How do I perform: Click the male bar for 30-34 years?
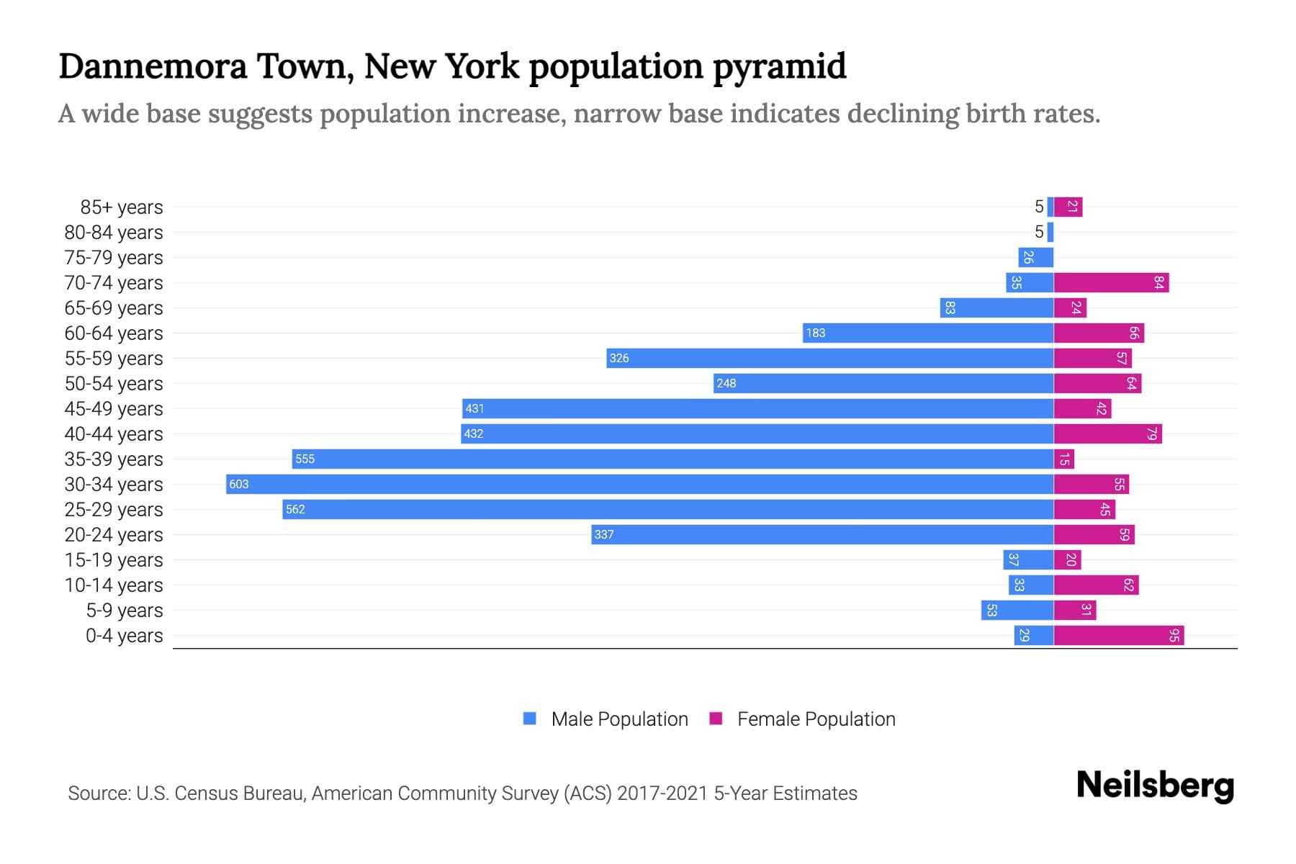pyautogui.click(x=639, y=484)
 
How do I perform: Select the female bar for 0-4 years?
pyautogui.click(x=1118, y=635)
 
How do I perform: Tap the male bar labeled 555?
pyautogui.click(x=672, y=459)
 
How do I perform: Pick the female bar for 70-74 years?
pyautogui.click(x=1111, y=282)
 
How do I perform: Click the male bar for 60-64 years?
pyautogui.click(x=928, y=333)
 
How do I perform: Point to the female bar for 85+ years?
pyautogui.click(x=1068, y=207)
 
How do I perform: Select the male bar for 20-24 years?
pyautogui.click(x=822, y=534)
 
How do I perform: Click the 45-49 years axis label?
pyautogui.click(x=114, y=408)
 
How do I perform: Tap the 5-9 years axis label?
pyautogui.click(x=125, y=610)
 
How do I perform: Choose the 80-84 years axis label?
pyautogui.click(x=114, y=232)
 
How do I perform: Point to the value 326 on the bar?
pyautogui.click(x=618, y=358)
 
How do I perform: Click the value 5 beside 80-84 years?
pyautogui.click(x=1038, y=232)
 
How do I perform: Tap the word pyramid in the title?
pyautogui.click(x=779, y=66)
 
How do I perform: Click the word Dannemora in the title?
pyautogui.click(x=153, y=66)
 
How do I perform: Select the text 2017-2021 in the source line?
pyautogui.click(x=662, y=793)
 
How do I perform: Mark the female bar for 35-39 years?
pyautogui.click(x=1064, y=459)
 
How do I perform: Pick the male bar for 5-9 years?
pyautogui.click(x=1017, y=610)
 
